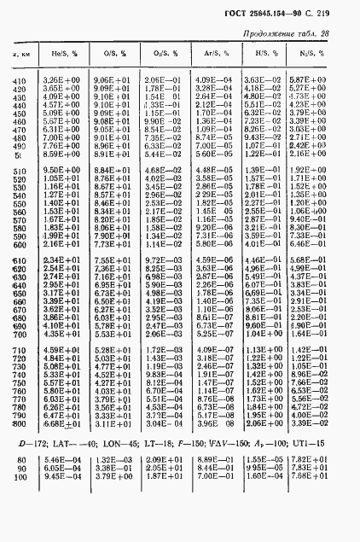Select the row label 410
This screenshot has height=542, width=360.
pyautogui.click(x=19, y=79)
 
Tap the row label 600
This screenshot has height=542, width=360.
pyautogui.click(x=19, y=259)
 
